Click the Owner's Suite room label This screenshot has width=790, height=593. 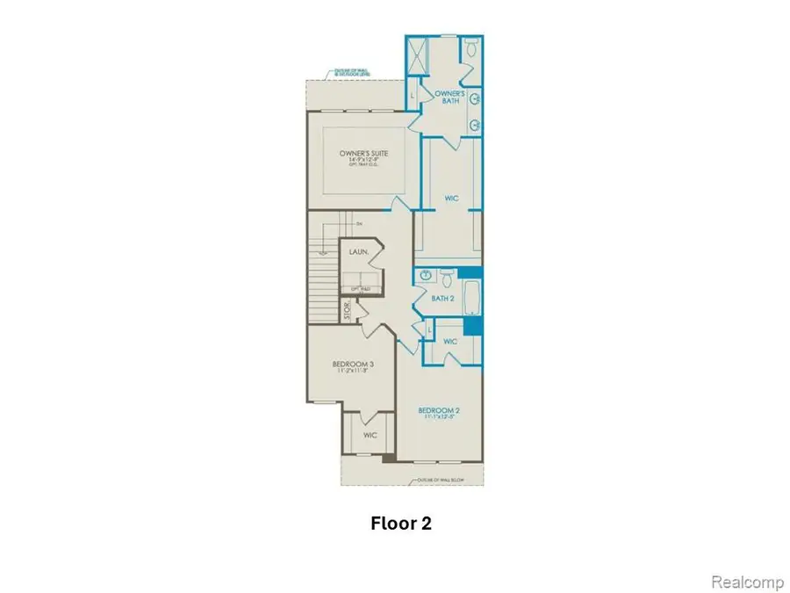coord(364,155)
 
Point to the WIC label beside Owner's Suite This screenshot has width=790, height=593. coord(452,199)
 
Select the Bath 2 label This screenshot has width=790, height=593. coord(443,299)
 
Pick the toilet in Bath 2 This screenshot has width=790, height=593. coord(447,278)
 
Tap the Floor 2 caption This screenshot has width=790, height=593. coord(401,524)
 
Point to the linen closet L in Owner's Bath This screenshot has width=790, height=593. coord(413,95)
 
